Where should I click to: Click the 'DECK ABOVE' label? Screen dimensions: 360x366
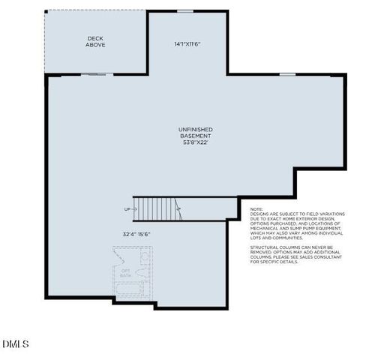pos(95,41)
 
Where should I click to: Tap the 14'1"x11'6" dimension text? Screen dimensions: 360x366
pos(187,43)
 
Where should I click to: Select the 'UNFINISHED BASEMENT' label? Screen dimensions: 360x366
pos(195,132)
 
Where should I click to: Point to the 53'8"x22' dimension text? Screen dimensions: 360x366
pos(195,142)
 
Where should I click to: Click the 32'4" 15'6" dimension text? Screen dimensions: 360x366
pos(136,233)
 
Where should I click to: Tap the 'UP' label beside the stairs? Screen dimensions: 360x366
pos(126,209)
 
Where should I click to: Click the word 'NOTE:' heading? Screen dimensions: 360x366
pos(256,209)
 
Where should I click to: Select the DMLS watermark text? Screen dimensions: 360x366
pos(16,344)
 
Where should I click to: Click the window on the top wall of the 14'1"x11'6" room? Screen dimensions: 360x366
pos(187,10)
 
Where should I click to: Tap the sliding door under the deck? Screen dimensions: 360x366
pos(95,74)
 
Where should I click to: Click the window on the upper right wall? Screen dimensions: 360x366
pos(287,74)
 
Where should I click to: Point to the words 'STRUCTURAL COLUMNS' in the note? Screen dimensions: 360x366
pos(271,246)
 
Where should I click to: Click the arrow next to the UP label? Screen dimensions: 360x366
pos(136,209)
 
